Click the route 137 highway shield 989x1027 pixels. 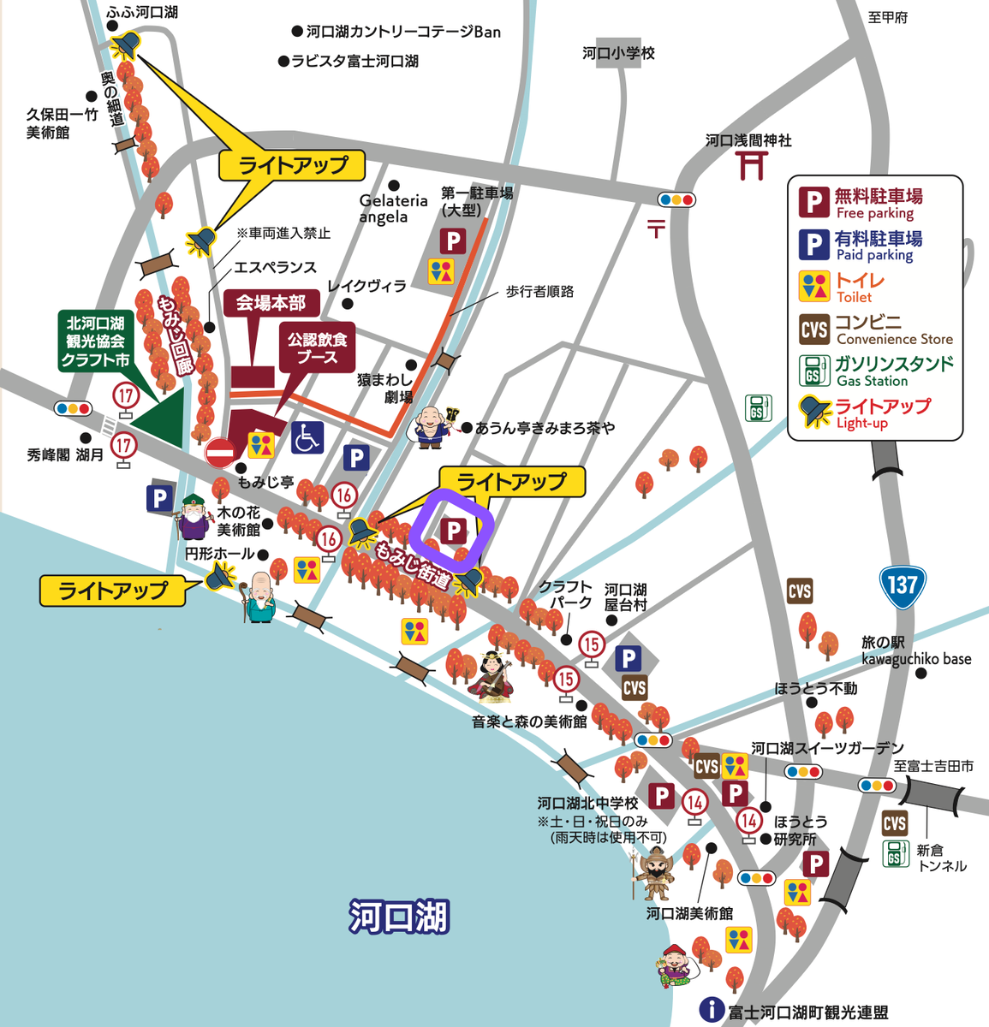pyautogui.click(x=902, y=587)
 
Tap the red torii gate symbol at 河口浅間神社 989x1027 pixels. pyautogui.click(x=751, y=165)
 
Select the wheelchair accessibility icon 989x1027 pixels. pyautogui.click(x=307, y=437)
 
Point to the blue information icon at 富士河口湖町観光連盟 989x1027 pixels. pyautogui.click(x=712, y=1010)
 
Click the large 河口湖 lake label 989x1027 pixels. pyautogui.click(x=398, y=917)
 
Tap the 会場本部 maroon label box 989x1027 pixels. pyautogui.click(x=271, y=303)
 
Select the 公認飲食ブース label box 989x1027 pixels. pyautogui.click(x=318, y=348)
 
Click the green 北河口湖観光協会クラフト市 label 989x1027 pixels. pyautogui.click(x=95, y=341)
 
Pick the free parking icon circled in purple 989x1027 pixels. pyautogui.click(x=452, y=531)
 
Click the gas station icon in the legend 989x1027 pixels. pyautogui.click(x=813, y=371)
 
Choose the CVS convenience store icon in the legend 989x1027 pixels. pyautogui.click(x=813, y=329)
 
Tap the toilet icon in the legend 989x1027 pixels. pyautogui.click(x=813, y=287)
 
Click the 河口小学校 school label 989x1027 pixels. pyautogui.click(x=618, y=53)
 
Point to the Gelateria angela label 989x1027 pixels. pyautogui.click(x=393, y=209)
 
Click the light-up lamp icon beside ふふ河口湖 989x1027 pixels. pyautogui.click(x=127, y=44)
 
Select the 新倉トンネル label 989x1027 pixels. pyautogui.click(x=941, y=858)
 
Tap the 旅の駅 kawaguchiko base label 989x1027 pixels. pyautogui.click(x=915, y=650)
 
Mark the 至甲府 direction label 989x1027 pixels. pyautogui.click(x=887, y=17)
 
